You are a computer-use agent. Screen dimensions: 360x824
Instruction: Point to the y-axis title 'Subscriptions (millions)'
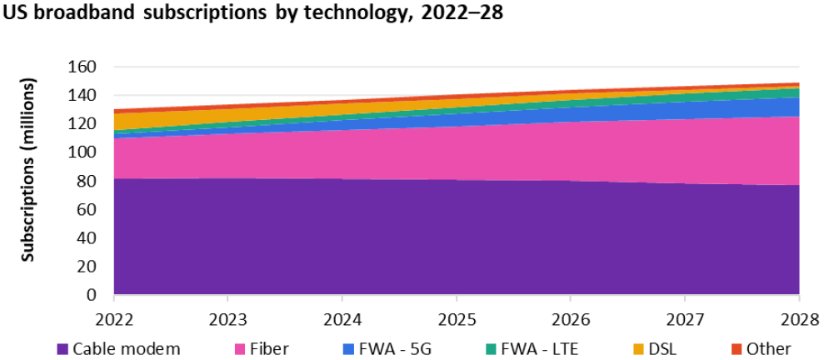(28, 171)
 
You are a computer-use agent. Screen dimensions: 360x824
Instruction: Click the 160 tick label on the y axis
(87, 67)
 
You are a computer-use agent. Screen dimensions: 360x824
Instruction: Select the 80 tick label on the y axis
(91, 181)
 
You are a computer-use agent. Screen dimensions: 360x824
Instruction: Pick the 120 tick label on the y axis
(87, 124)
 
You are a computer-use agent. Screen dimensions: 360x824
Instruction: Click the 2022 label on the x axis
(113, 318)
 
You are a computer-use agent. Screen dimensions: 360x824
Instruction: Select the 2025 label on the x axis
(456, 318)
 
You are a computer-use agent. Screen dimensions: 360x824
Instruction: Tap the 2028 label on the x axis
(798, 318)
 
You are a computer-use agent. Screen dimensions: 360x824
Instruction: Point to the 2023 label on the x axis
(227, 318)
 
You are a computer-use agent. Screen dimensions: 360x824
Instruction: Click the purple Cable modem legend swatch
(62, 349)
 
